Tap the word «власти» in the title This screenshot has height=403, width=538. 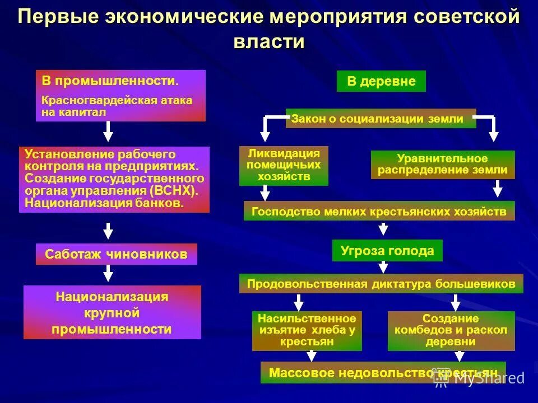tap(268, 42)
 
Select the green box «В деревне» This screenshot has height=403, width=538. tap(381, 81)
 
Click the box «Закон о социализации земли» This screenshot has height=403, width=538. tap(381, 119)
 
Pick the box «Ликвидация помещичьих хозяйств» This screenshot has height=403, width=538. tap(284, 166)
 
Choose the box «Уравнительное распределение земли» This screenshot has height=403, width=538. tap(442, 165)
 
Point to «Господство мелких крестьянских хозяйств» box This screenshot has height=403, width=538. tap(379, 211)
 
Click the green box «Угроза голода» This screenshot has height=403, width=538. tap(387, 250)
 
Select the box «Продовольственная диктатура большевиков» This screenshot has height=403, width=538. tap(381, 284)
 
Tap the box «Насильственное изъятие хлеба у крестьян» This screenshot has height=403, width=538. tap(307, 330)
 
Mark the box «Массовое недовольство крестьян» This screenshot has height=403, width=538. tap(383, 373)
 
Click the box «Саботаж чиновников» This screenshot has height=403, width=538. tap(117, 254)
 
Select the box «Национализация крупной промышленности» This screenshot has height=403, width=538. tap(112, 312)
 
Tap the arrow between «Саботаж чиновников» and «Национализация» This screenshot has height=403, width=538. tap(109, 274)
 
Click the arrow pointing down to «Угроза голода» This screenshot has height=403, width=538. tap(383, 229)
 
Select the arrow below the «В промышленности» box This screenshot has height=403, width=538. tap(109, 132)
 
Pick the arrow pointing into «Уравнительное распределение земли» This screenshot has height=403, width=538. tap(493, 130)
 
